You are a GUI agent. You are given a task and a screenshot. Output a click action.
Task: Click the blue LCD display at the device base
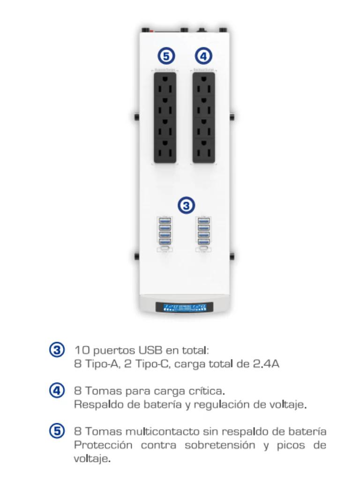(x=184, y=307)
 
